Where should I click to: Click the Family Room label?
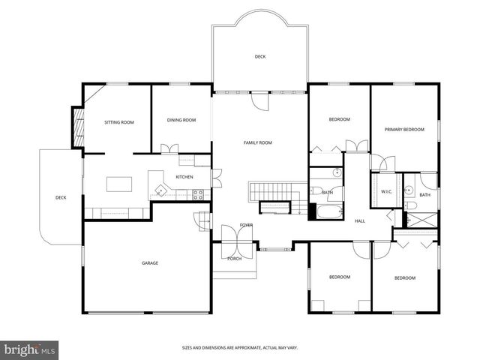pyautogui.click(x=257, y=142)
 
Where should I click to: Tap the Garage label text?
pyautogui.click(x=150, y=262)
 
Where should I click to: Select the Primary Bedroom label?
pyautogui.click(x=404, y=130)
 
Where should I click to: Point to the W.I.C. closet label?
pyautogui.click(x=387, y=191)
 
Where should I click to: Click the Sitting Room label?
pyautogui.click(x=118, y=121)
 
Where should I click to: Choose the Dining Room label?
pyautogui.click(x=181, y=120)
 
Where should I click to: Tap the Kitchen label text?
pyautogui.click(x=184, y=177)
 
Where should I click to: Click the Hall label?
pyautogui.click(x=359, y=220)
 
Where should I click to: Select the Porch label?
pyautogui.click(x=235, y=259)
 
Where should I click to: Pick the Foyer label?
pyautogui.click(x=246, y=225)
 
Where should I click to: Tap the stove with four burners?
pyautogui.click(x=199, y=194)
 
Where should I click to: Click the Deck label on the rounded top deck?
pyautogui.click(x=259, y=56)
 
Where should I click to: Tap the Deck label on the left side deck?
pyautogui.click(x=61, y=198)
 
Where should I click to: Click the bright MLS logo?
pyautogui.click(x=30, y=349)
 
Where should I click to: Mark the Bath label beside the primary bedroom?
pyautogui.click(x=424, y=195)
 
